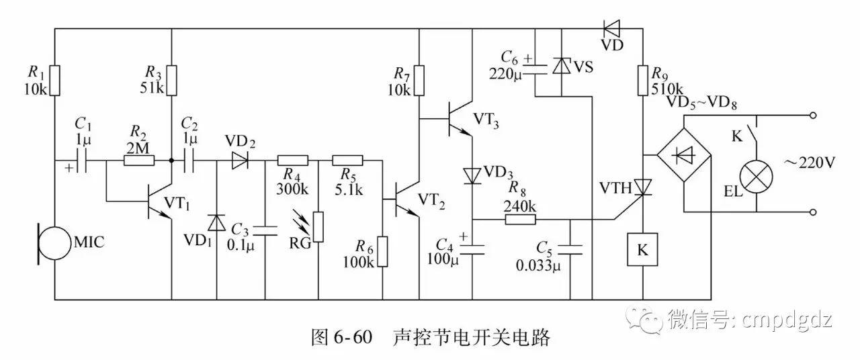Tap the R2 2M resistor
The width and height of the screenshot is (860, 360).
(x=140, y=161)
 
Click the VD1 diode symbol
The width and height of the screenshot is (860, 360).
(x=216, y=222)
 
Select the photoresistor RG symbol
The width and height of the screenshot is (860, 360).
(x=318, y=227)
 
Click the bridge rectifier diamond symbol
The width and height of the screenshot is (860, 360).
(x=683, y=154)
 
